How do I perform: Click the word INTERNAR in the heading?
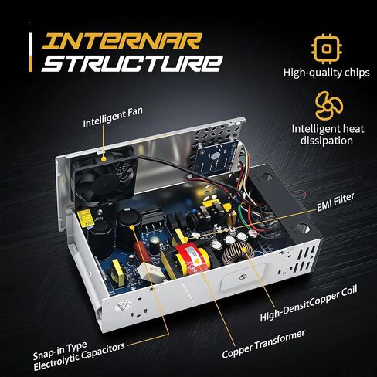pyautogui.click(x=121, y=41)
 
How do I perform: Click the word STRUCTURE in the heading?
pyautogui.click(x=132, y=63)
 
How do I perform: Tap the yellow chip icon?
pyautogui.click(x=327, y=49)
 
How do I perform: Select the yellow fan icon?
pyautogui.click(x=329, y=106)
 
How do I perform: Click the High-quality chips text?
pyautogui.click(x=327, y=73)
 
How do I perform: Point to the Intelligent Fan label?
pyautogui.click(x=113, y=117)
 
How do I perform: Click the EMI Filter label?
pyautogui.click(x=335, y=202)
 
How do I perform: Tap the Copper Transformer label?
pyautogui.click(x=263, y=344)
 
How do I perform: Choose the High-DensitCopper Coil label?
pyautogui.click(x=308, y=304)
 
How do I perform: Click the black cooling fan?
pyautogui.click(x=105, y=178)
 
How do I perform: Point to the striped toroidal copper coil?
pyautogui.click(x=237, y=253)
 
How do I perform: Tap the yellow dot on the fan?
pyautogui.click(x=104, y=158)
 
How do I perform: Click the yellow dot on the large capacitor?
pyautogui.click(x=132, y=227)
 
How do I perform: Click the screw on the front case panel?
pyautogui.click(x=242, y=277)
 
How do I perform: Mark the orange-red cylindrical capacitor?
pyautogui.click(x=141, y=253)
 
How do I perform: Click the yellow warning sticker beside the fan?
pyautogui.click(x=85, y=219)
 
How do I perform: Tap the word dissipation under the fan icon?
pyautogui.click(x=327, y=141)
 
